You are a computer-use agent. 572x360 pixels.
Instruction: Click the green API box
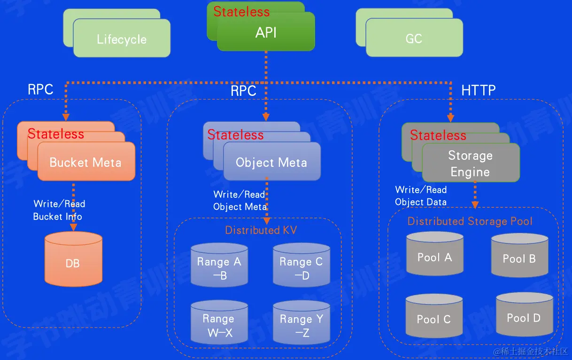[266, 32]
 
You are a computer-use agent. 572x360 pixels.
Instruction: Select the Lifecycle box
[122, 39]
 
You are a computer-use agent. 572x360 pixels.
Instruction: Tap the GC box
[414, 39]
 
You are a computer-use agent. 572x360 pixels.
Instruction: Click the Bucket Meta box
[85, 163]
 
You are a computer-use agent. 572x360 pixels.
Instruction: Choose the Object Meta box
[271, 163]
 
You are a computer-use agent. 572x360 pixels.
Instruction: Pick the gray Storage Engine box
[470, 164]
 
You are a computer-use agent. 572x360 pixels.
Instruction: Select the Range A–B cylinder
[219, 266]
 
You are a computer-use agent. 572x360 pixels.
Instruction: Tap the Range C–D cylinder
[301, 266]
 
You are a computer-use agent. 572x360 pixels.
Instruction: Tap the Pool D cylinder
[524, 316]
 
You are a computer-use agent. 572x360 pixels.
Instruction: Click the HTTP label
[478, 90]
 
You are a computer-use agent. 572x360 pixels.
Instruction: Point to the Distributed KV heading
[261, 230]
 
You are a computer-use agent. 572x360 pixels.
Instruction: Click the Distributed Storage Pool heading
[470, 221]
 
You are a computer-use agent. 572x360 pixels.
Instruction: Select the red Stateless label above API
[241, 12]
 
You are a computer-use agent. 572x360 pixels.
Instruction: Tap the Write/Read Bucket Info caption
[58, 210]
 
